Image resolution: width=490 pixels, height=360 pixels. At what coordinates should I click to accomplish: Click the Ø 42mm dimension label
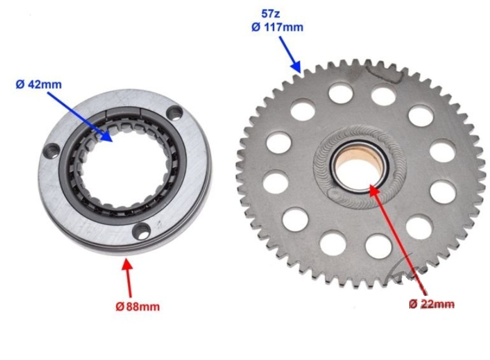pos(39,84)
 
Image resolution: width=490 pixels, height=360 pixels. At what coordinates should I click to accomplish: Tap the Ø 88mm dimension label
pos(137,306)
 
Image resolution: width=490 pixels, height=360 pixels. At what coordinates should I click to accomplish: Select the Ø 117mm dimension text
pos(277,28)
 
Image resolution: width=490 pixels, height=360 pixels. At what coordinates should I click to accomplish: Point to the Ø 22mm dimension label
pos(432,303)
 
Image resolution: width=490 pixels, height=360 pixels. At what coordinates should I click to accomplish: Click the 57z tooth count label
pos(271,14)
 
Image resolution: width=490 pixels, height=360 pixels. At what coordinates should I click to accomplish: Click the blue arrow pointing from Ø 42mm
pos(80,117)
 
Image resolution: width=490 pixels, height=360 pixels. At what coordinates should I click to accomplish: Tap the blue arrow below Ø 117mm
pos(290,54)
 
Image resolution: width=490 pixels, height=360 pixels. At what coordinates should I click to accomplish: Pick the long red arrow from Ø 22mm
pos(398,239)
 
